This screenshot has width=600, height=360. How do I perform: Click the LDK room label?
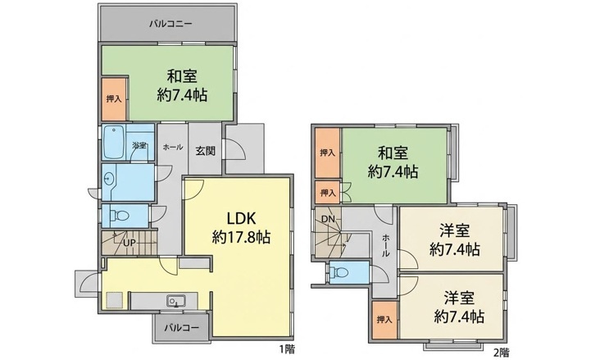241,218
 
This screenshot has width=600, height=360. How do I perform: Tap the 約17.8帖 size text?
241,238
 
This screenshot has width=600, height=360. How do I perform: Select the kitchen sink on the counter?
176,301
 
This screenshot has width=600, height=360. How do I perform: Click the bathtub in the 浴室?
114,142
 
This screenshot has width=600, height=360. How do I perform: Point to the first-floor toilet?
120,216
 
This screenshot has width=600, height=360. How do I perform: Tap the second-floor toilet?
339,272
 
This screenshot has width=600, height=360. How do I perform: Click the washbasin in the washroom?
109,178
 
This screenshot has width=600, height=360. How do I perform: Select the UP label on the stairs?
129,243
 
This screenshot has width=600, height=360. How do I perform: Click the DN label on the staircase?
328,220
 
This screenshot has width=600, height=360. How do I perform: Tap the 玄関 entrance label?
206,151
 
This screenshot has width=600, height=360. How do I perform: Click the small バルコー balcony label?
182,328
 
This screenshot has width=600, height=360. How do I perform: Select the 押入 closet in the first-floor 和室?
114,99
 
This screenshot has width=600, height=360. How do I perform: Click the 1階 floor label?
287,349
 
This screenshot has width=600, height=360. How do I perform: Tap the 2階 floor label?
501,351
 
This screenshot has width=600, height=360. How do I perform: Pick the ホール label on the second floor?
385,245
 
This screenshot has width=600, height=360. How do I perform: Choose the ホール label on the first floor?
173,147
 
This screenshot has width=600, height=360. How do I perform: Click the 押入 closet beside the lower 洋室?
384,319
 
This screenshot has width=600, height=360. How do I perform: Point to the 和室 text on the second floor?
393,153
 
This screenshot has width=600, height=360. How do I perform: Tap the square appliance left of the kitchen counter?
115,300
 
